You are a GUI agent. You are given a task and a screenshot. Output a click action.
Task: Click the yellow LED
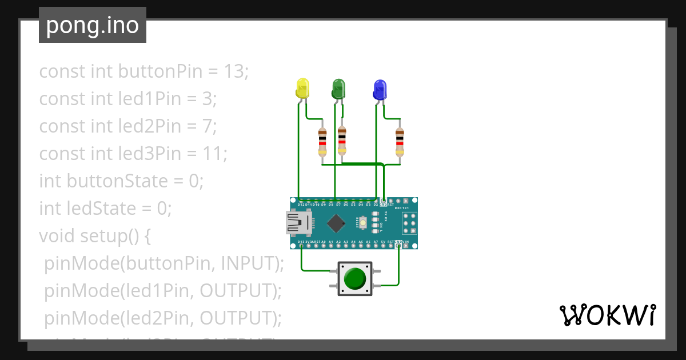(x=302, y=89)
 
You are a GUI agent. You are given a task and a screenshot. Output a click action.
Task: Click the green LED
(x=339, y=89)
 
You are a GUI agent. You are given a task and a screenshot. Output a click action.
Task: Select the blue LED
(x=379, y=89)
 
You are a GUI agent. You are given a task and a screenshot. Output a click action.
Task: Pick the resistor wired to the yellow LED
(x=322, y=141)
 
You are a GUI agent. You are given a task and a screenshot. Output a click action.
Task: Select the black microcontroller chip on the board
(x=337, y=223)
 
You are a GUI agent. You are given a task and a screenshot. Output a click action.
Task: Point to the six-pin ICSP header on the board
(x=409, y=223)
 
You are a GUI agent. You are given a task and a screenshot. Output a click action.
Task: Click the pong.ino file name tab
(x=93, y=26)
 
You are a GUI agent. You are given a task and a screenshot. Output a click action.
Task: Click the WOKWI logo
(x=607, y=315)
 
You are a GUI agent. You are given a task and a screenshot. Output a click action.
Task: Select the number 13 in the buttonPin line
(x=233, y=71)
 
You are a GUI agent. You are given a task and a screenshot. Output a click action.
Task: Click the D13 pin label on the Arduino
(x=301, y=242)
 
